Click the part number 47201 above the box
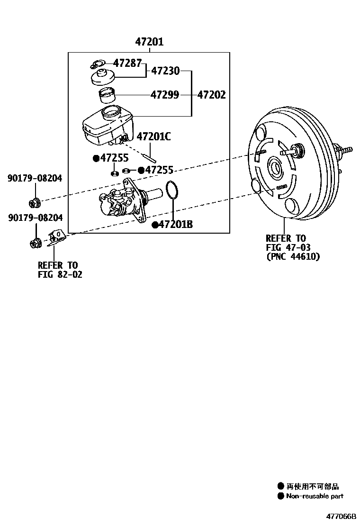[x=149, y=42]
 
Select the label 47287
[x=127, y=63]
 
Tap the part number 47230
[x=165, y=71]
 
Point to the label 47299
[x=165, y=95]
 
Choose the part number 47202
[x=211, y=95]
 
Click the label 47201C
[x=153, y=137]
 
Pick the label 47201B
[x=175, y=225]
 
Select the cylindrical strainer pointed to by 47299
[x=107, y=95]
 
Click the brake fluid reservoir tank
[x=108, y=126]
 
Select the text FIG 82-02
[x=60, y=274]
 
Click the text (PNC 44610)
[x=293, y=256]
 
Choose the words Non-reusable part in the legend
[x=315, y=496]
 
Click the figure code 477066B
[x=340, y=516]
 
